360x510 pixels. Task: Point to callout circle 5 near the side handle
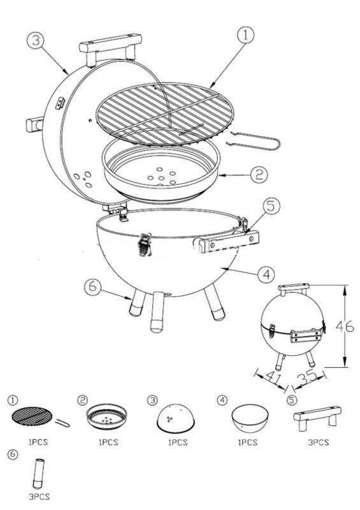(270, 207)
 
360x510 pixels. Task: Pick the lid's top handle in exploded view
(110, 50)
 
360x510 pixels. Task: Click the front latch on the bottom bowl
(146, 244)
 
